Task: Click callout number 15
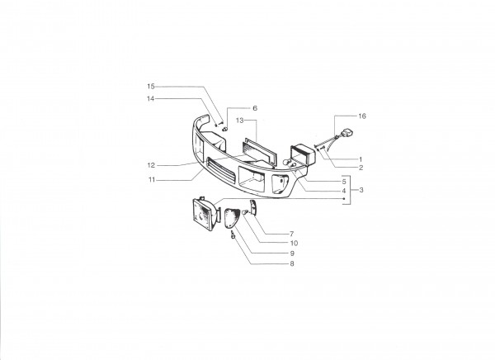[x=151, y=87]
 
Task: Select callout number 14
[x=151, y=98]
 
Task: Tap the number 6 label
[x=255, y=108]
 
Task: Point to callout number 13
[x=239, y=121]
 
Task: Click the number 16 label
[x=362, y=116]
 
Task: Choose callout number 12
[x=151, y=165]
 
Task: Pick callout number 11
[x=152, y=180]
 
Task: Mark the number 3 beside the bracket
[x=361, y=190]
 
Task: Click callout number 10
[x=294, y=243]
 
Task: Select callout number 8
[x=292, y=263]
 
